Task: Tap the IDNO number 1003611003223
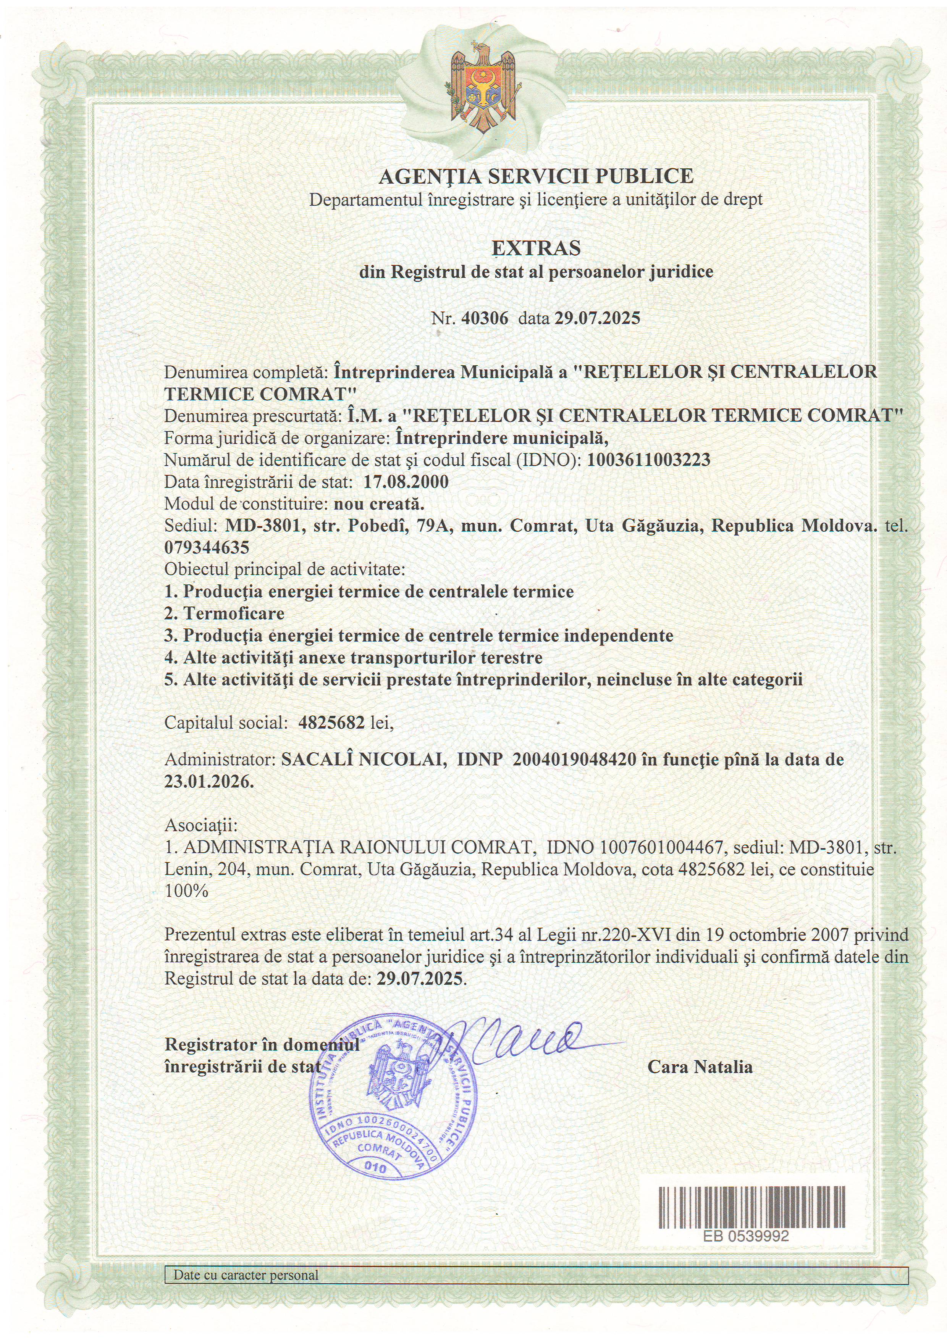coord(648,460)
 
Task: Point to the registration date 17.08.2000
coord(406,482)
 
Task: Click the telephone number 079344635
coord(207,548)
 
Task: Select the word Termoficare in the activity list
coord(233,613)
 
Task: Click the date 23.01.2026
coord(209,781)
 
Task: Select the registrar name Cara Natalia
coord(700,1066)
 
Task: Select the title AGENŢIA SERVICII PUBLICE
coord(536,176)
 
